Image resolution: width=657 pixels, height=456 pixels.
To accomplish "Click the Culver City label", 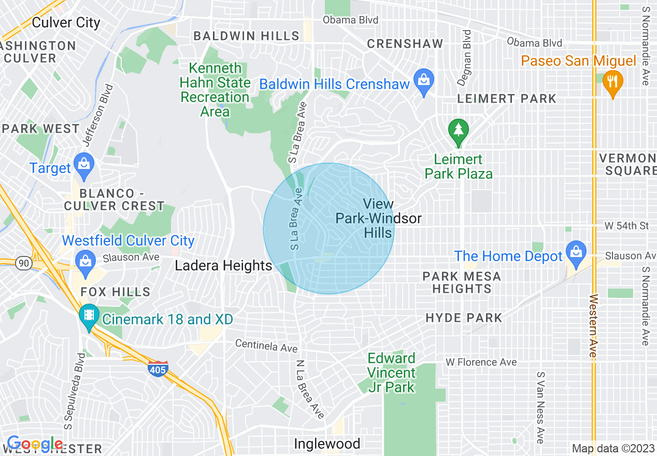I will click(66, 23).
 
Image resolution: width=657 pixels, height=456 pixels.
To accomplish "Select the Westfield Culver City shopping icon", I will click(83, 261).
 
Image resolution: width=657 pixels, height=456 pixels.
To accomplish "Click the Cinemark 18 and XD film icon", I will click(89, 316).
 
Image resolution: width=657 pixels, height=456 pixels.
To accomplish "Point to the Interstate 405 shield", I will click(157, 369).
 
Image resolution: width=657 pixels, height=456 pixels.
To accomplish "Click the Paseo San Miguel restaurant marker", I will click(613, 82).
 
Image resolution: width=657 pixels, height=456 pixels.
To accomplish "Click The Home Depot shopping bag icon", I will click(576, 252).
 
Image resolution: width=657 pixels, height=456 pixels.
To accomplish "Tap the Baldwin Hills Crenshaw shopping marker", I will click(424, 80).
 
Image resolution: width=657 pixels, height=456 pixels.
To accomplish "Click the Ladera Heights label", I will click(223, 266).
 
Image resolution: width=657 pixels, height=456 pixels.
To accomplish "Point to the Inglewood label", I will click(327, 444).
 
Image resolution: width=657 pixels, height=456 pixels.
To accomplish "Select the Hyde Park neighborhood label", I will click(464, 318).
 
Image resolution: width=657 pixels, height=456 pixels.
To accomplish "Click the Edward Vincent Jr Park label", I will click(391, 373).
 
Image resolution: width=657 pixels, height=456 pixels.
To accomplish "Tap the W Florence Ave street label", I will click(481, 362).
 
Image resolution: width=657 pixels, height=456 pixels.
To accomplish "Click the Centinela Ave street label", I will click(266, 346).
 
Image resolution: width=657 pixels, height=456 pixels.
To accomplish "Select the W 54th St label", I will click(626, 226).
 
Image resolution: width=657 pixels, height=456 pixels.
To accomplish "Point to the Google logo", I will click(35, 444).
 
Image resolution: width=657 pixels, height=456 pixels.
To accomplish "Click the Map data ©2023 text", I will click(613, 449).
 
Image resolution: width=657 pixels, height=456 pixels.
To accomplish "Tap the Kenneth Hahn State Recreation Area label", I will click(215, 90).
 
